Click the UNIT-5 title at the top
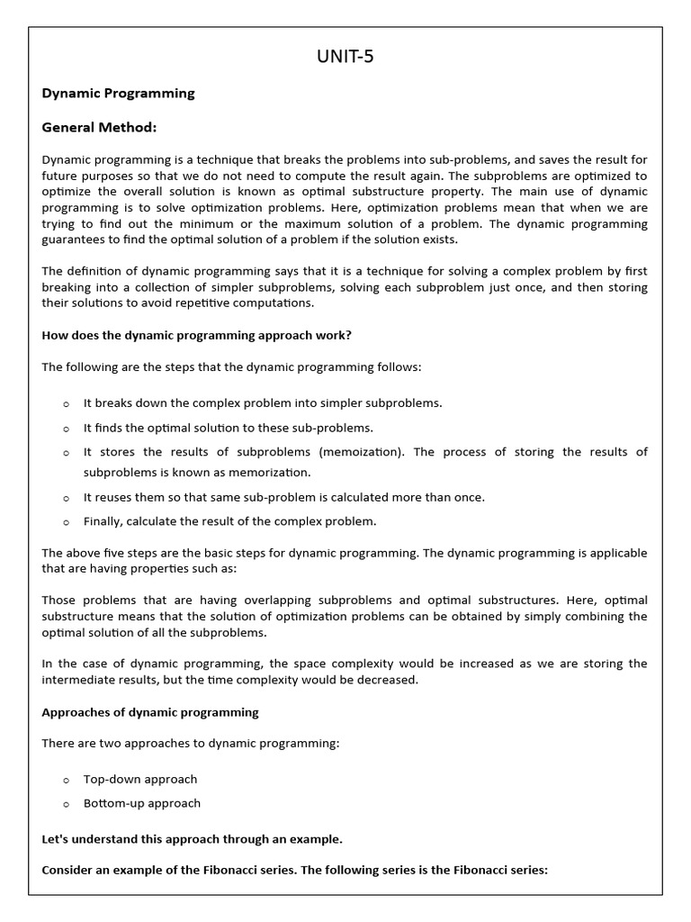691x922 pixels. pyautogui.click(x=345, y=57)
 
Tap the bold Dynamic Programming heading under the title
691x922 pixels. pyautogui.click(x=118, y=93)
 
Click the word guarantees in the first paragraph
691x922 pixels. pyautogui.click(x=76, y=240)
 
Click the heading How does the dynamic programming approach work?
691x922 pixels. pyautogui.click(x=196, y=335)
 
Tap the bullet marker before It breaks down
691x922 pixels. pyautogui.click(x=66, y=404)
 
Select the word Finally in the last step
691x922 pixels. pyautogui.click(x=103, y=521)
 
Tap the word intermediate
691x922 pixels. pyautogui.click(x=80, y=680)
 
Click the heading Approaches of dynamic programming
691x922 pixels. pyautogui.click(x=150, y=712)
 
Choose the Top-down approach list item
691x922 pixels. pyautogui.click(x=139, y=779)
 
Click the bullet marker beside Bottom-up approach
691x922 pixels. pyautogui.click(x=66, y=804)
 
